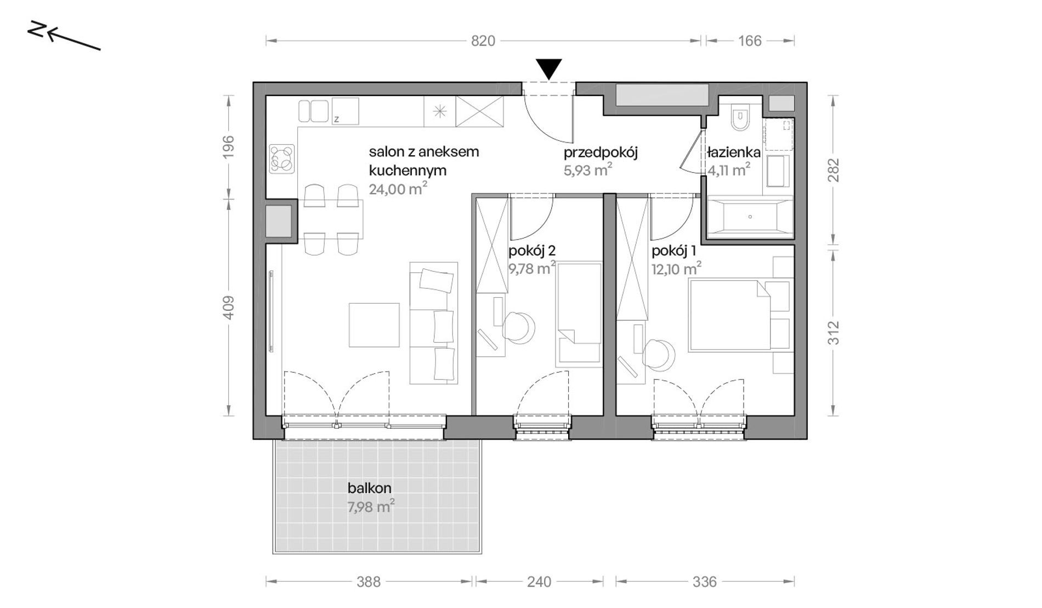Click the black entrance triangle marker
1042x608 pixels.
pos(549,69)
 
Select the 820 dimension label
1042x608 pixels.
pos(483,41)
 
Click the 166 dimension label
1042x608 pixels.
pos(750,41)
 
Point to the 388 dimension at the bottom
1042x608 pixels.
pos(369,582)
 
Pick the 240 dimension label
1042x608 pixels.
pos(539,582)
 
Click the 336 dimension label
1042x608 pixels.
pos(704,582)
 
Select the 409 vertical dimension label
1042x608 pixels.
pos(228,308)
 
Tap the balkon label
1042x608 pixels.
pos(370,488)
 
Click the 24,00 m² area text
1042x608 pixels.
pos(398,189)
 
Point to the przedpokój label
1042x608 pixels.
pos(601,152)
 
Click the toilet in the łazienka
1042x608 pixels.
pos(740,117)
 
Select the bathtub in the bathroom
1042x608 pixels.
pos(750,217)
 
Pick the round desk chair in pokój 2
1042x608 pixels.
pos(518,327)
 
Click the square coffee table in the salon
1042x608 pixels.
pos(375,325)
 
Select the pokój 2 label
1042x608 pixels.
pos(532,251)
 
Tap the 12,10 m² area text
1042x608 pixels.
pos(676,269)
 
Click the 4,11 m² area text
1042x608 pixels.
pos(729,170)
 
